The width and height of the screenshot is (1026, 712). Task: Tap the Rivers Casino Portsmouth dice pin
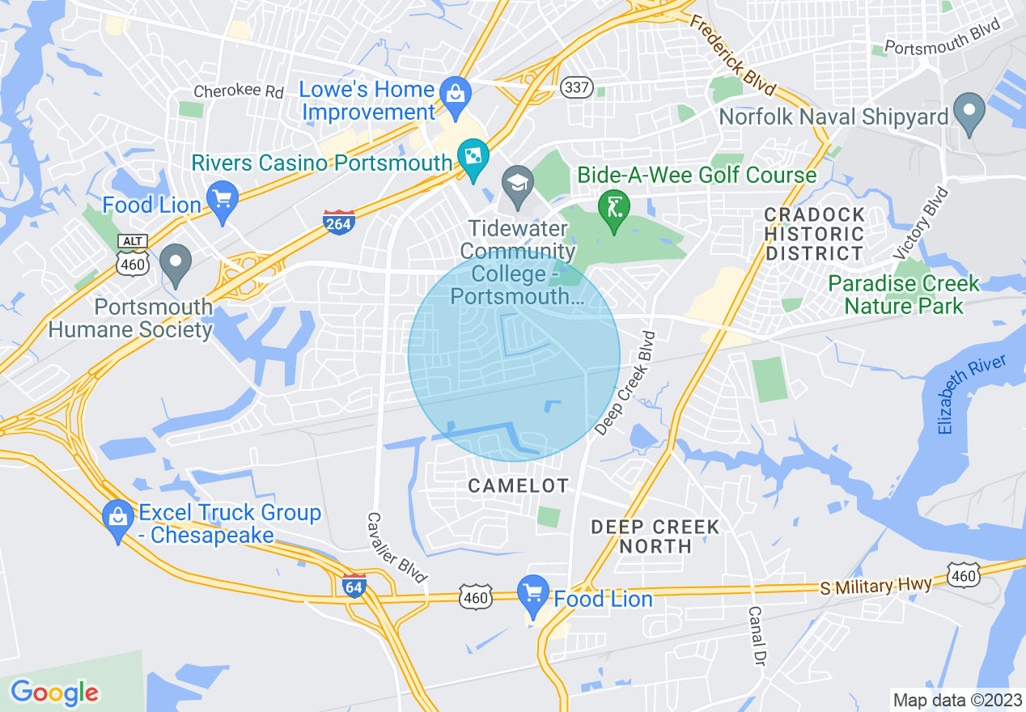click(x=473, y=156)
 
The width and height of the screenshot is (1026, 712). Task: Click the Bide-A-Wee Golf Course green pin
click(x=613, y=208)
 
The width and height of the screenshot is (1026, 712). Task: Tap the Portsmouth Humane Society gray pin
click(x=175, y=264)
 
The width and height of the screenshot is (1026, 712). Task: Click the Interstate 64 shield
click(x=354, y=584)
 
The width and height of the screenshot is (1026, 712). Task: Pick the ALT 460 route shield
click(x=132, y=255)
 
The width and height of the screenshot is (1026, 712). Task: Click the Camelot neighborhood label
click(x=519, y=485)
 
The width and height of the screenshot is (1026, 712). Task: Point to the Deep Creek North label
click(x=655, y=536)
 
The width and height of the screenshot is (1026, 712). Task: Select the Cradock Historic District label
click(x=815, y=234)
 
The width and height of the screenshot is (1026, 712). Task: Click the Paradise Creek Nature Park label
click(x=903, y=295)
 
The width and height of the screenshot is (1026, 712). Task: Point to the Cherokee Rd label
click(x=238, y=90)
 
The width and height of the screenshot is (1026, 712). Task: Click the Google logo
click(x=54, y=693)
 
